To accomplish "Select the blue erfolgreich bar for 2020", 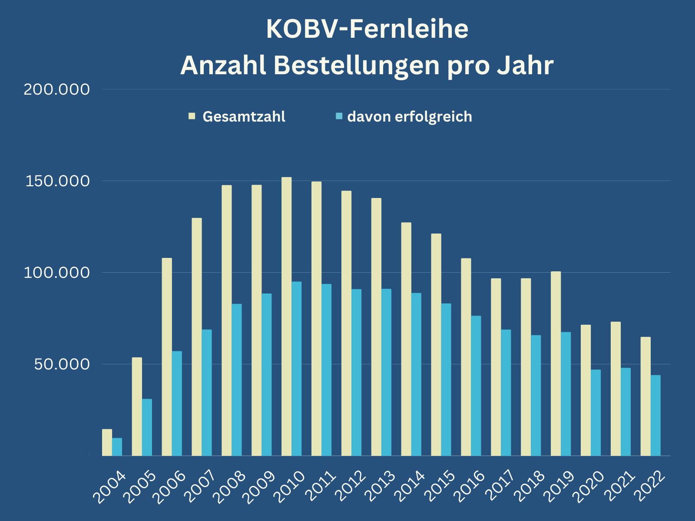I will (596, 412).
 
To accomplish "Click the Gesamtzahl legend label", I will (244, 117).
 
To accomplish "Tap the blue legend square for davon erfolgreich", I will (339, 116).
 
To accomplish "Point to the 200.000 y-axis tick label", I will (56, 89).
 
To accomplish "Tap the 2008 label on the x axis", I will (232, 487).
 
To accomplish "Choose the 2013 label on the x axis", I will (381, 487).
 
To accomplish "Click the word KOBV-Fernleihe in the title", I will (367, 29).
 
